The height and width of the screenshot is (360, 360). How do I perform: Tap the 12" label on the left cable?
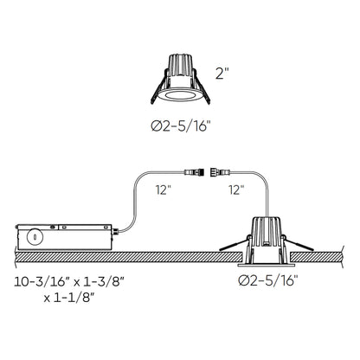pos(162,187)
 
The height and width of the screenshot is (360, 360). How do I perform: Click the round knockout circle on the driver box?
pos(34,235)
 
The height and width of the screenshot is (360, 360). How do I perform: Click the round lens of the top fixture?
pos(180,93)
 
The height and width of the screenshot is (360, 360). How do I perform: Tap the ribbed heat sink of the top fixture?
pos(180,67)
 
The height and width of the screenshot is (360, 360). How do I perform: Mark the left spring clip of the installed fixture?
pos(241,244)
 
